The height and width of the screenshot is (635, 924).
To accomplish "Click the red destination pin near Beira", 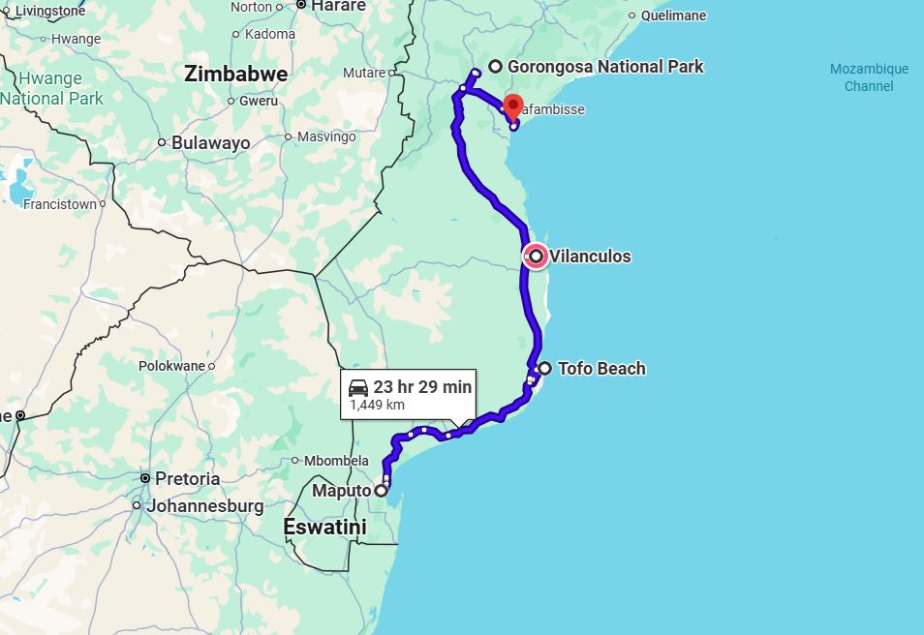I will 513,106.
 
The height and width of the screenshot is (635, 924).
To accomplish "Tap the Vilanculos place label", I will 590,257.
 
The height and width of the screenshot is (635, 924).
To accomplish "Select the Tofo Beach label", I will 601,369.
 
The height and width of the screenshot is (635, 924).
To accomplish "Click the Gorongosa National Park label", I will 605,67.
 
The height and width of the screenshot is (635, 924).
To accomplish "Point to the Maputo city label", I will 341,491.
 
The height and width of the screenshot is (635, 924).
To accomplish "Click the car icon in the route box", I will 357,387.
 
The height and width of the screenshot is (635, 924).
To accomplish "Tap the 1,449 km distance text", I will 377,405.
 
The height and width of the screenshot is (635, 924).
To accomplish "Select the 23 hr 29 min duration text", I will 422,387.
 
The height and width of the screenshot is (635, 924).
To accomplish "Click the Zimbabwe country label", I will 235,75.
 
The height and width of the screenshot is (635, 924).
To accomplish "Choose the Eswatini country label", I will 324,528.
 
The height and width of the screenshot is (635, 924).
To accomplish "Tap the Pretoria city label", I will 187,479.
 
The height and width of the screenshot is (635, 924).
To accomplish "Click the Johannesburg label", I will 203,506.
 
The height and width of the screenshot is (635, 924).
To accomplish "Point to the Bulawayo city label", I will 210,143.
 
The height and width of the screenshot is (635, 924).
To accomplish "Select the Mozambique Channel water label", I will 869,77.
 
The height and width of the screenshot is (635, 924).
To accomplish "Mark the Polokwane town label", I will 171,367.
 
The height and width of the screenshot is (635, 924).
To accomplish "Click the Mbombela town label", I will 336,461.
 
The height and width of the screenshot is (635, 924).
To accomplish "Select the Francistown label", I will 60,205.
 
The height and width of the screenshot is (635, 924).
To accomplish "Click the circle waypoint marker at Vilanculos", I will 536,257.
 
